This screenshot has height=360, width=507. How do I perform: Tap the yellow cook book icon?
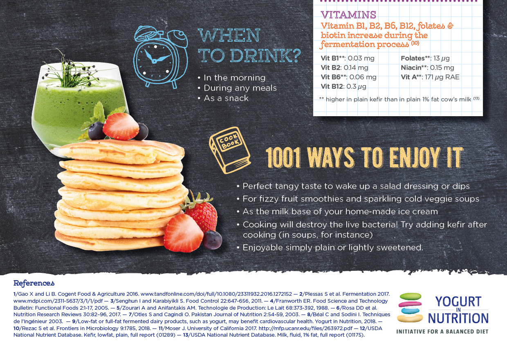click(x=230, y=150)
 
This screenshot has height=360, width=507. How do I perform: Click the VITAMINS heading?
click(x=348, y=15)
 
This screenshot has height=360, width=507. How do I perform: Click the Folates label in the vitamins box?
click(x=413, y=59)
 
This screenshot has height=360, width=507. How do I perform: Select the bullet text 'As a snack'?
click(x=226, y=98)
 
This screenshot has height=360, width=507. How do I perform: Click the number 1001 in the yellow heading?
click(x=283, y=157)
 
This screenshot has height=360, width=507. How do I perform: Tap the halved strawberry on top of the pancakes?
click(x=121, y=126)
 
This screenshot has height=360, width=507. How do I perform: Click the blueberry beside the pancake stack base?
click(x=212, y=240)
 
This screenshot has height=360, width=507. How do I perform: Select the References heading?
click(x=34, y=283)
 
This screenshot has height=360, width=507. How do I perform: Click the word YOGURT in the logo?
click(x=458, y=301)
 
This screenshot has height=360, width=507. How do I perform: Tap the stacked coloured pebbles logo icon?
click(x=410, y=308)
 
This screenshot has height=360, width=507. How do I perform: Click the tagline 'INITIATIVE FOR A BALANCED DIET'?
click(x=442, y=332)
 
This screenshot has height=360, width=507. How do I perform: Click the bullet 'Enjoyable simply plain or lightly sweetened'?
click(x=333, y=248)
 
